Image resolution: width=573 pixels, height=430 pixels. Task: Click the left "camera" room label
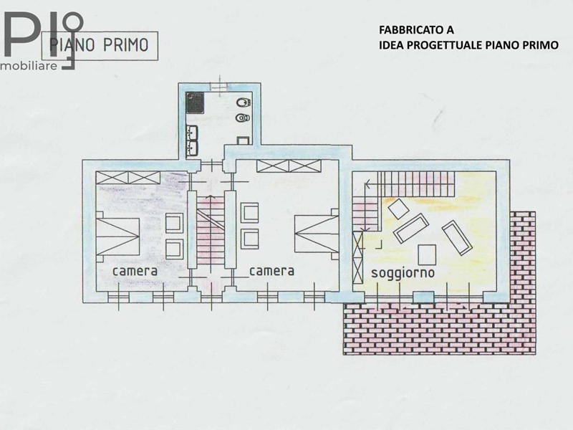tap(135, 272)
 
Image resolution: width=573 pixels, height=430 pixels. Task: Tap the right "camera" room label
tap(271, 271)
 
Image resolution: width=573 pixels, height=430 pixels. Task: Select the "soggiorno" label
tap(403, 273)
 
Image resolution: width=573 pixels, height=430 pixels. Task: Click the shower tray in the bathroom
tap(195, 102)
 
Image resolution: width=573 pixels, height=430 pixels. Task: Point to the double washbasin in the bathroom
tap(192, 141)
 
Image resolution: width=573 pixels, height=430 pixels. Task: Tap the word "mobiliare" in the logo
tap(29, 66)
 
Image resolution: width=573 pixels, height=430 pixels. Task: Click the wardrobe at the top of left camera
tap(128, 178)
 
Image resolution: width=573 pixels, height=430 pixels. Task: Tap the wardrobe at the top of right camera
tap(289, 166)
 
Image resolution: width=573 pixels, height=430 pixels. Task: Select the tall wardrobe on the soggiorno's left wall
tap(357, 258)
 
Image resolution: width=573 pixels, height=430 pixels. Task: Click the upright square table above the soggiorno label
tap(427, 255)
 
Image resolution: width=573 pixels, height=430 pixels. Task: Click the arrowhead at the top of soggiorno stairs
tap(367, 185)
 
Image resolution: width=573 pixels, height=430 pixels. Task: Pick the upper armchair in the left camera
tap(174, 224)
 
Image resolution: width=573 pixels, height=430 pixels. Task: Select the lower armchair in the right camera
tap(250, 239)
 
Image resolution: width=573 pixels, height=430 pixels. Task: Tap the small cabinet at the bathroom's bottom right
tap(243, 140)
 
